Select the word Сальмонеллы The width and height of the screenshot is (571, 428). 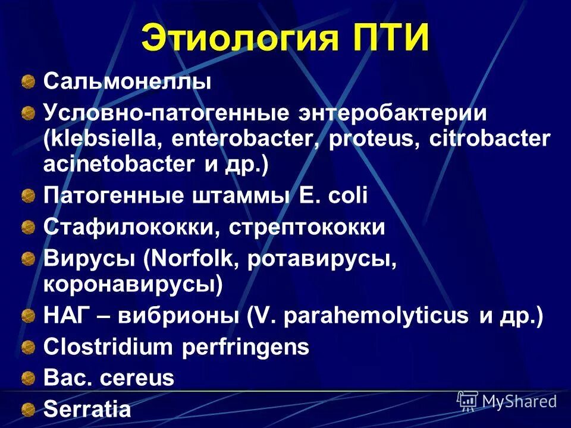(127, 82)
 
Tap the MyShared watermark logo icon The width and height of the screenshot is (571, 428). (468, 401)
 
